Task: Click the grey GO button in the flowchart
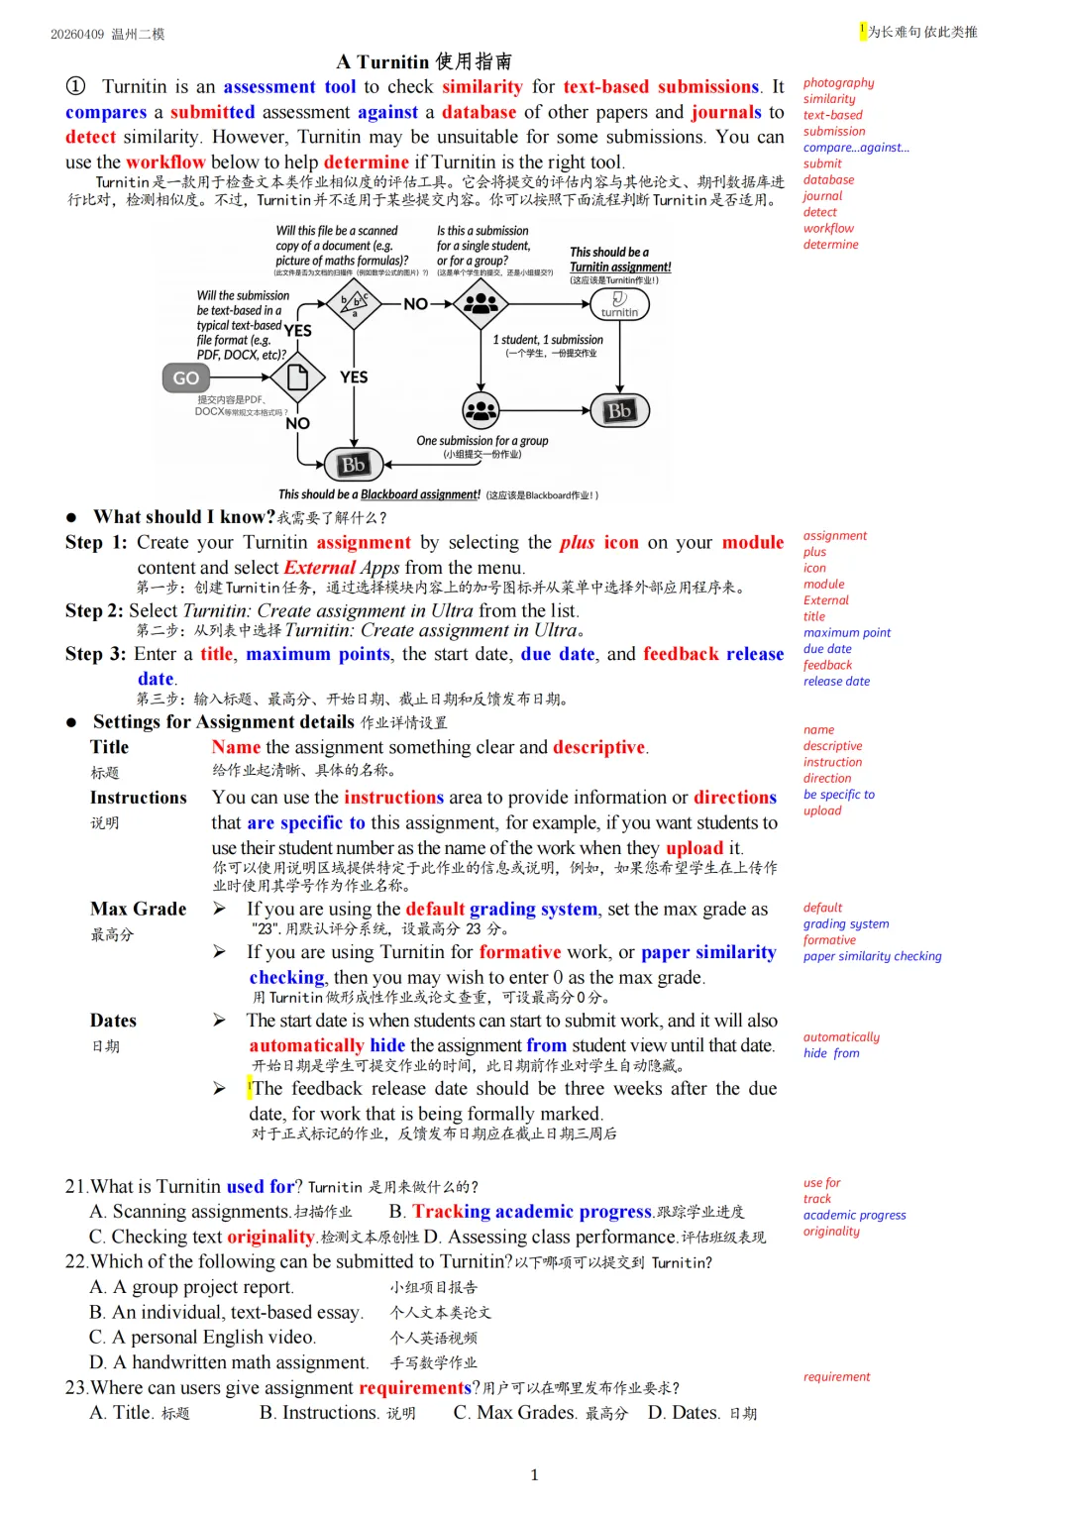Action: tap(185, 378)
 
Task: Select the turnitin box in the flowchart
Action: tap(619, 304)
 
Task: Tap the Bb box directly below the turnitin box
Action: tap(619, 410)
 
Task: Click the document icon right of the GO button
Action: tap(297, 378)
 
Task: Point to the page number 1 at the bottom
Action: tap(535, 1475)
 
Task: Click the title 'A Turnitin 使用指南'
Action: tap(424, 61)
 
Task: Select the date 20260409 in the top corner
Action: tap(77, 34)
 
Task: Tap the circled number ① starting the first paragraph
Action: tap(75, 86)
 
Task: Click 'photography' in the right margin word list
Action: tap(838, 83)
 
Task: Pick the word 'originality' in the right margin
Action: tap(831, 1232)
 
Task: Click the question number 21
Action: tap(75, 1186)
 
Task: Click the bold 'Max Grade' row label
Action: tap(138, 909)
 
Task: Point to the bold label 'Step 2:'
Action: tap(94, 610)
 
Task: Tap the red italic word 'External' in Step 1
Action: tap(319, 568)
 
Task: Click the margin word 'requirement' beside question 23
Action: tap(836, 1377)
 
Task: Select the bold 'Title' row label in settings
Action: tap(109, 747)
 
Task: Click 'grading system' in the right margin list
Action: tap(846, 924)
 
